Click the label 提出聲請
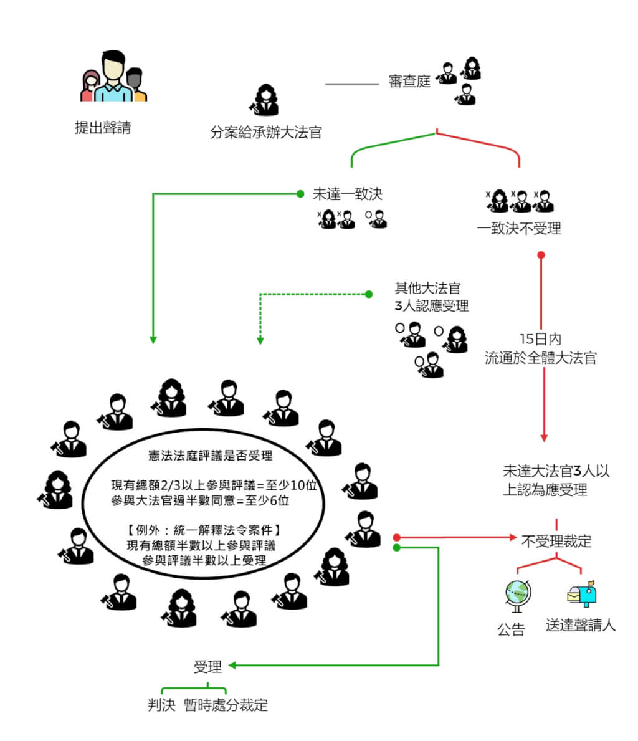[103, 128]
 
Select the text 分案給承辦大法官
[266, 133]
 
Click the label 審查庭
[409, 82]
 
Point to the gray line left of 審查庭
[351, 84]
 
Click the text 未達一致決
[348, 194]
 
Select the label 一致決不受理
[519, 229]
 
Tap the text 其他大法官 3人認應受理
[431, 297]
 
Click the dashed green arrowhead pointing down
[260, 340]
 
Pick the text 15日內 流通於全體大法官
[540, 349]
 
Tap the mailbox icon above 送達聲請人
[582, 595]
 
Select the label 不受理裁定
[556, 541]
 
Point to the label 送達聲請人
[581, 626]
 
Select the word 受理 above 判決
[207, 667]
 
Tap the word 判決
[161, 705]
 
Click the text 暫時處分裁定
[226, 705]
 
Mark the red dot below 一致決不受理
[541, 255]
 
